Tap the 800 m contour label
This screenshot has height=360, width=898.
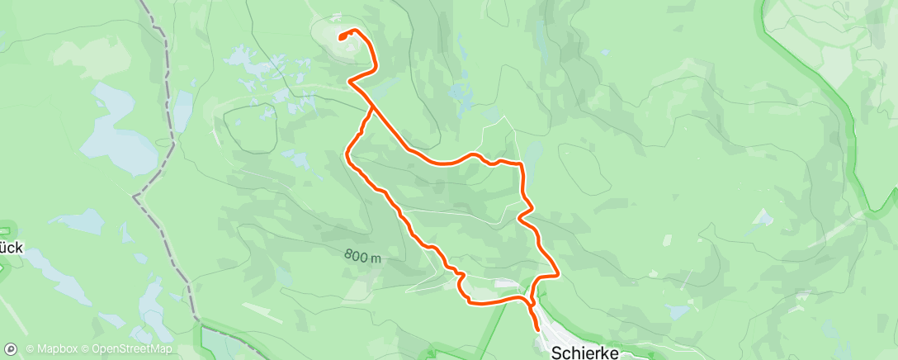pos(363,257)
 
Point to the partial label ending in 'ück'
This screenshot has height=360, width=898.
pos(12,247)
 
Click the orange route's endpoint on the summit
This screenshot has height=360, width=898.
pos(341,36)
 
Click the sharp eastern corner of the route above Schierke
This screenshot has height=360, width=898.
pos(559,272)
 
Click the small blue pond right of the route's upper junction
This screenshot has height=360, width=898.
pos(459,94)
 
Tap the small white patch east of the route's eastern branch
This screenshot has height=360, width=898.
pos(763,216)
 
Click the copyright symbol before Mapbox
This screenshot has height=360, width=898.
pos(31,349)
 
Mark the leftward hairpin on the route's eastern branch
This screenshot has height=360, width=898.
pos(519,218)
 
